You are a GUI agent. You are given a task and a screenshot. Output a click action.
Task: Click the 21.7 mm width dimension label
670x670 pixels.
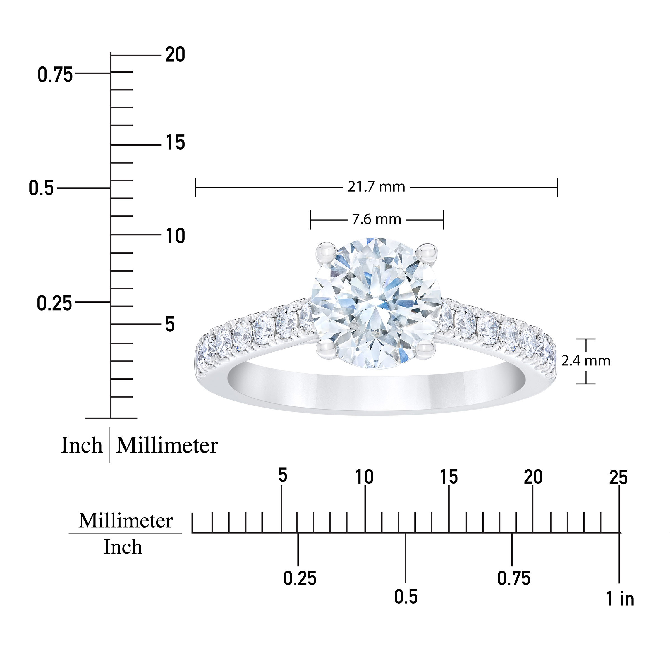pyautogui.click(x=376, y=187)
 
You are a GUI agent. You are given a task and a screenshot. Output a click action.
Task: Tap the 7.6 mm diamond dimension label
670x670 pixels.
pyautogui.click(x=377, y=219)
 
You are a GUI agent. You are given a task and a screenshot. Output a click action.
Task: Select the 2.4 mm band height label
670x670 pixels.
pyautogui.click(x=586, y=361)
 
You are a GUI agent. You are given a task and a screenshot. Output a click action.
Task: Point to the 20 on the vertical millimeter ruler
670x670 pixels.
pyautogui.click(x=175, y=55)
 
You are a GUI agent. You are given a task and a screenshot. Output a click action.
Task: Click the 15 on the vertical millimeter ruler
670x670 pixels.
pyautogui.click(x=175, y=143)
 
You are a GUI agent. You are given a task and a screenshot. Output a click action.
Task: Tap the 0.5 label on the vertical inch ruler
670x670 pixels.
pyautogui.click(x=41, y=188)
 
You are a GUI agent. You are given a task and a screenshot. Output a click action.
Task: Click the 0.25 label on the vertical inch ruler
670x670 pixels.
pyautogui.click(x=54, y=303)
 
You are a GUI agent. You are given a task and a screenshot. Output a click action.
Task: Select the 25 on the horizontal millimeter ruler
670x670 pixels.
pyautogui.click(x=618, y=478)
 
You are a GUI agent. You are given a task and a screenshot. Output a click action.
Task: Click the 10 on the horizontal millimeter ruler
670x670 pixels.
pyautogui.click(x=365, y=477)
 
